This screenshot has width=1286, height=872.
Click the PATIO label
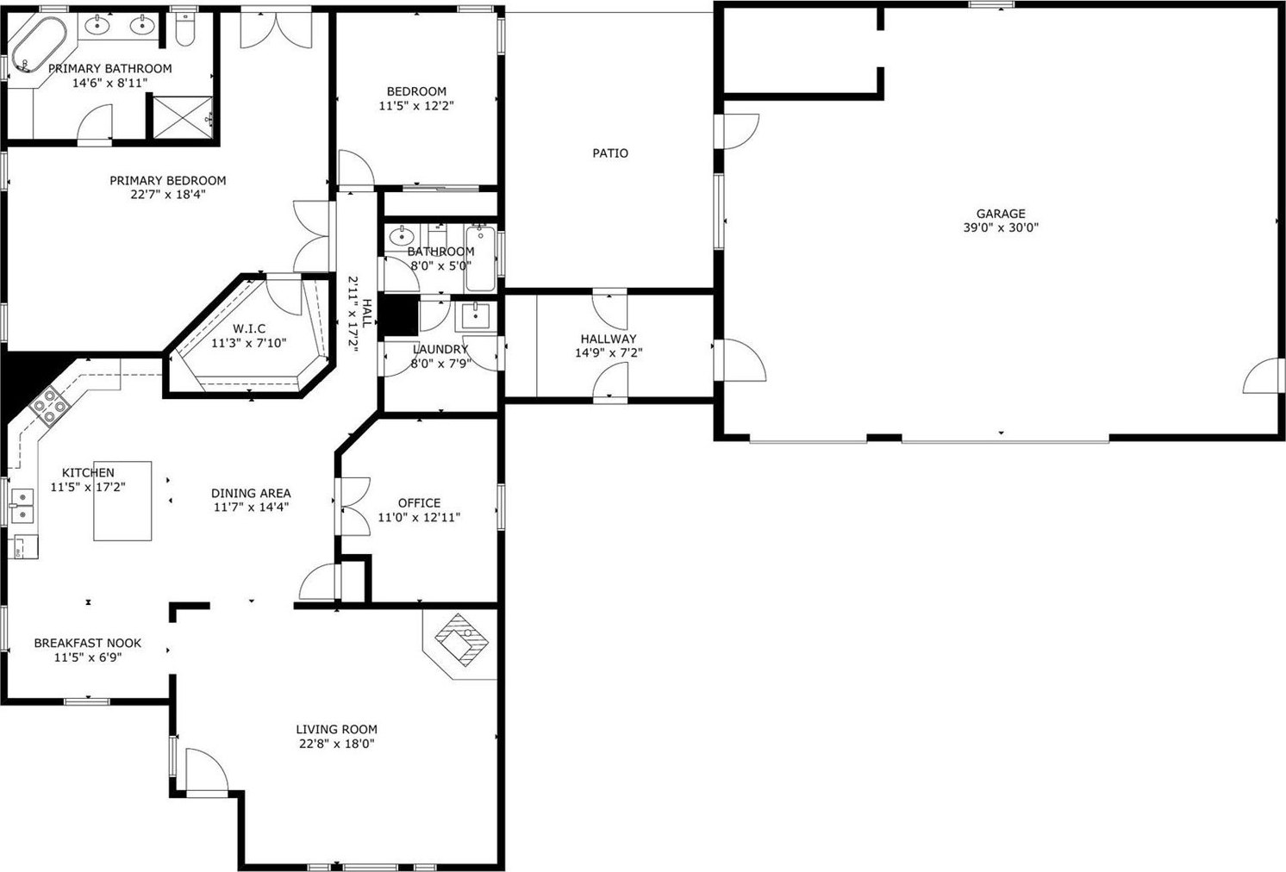pos(610,153)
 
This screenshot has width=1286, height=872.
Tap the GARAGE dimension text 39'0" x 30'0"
pos(1001,227)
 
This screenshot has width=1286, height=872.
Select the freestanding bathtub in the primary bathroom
pos(39,46)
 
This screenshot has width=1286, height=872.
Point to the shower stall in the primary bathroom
pos(183,118)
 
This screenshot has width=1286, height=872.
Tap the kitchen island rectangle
pos(123,501)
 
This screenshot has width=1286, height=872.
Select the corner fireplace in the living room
pos(461,639)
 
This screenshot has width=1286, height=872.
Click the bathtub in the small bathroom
pos(481,258)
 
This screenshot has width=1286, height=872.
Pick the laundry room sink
pos(476,316)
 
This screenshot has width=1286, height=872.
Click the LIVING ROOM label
pos(336,730)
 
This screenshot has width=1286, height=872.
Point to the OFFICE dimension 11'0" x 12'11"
pos(419,517)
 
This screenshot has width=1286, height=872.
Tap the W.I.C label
pos(249,329)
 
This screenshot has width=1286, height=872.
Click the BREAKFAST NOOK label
pos(88,643)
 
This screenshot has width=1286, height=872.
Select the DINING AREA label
pos(251,493)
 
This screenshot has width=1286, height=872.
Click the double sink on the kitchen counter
pos(23,506)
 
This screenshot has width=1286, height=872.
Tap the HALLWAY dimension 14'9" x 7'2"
pos(609,353)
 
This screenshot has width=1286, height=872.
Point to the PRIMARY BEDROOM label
pos(167,181)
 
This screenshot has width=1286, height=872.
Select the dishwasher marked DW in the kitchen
pos(25,546)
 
